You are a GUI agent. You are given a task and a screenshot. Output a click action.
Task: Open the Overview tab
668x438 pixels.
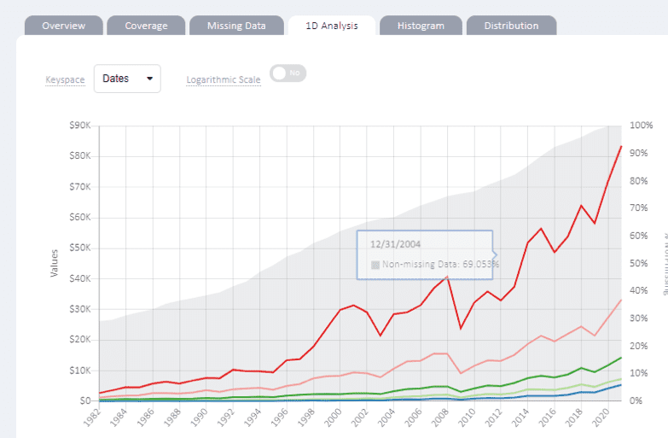63,26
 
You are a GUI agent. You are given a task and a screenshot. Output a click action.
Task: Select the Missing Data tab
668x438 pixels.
236,26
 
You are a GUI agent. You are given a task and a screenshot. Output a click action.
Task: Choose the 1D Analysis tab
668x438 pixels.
331,26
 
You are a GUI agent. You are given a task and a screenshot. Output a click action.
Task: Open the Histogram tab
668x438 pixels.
421,26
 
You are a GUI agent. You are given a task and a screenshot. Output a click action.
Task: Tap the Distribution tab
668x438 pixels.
511,26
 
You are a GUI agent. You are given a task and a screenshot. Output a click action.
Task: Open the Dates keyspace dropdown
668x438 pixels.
127,79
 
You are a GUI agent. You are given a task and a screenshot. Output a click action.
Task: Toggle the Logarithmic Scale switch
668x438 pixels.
288,73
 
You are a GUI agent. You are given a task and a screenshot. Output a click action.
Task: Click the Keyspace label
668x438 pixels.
65,80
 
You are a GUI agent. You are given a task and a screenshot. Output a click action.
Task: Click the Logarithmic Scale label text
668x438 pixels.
224,80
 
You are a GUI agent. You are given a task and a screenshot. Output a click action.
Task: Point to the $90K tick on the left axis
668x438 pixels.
80,126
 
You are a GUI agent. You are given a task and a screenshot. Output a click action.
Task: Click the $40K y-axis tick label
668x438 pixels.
80,278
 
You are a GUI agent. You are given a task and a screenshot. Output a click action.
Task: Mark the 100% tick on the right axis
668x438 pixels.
642,126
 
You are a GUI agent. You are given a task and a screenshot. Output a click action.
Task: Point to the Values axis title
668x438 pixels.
53,262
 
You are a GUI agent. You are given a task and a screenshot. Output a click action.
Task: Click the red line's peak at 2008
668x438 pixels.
447,277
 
